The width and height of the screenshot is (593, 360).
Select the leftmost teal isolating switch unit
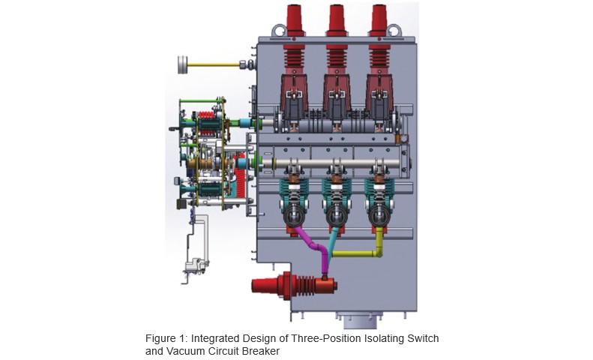tap(293, 193)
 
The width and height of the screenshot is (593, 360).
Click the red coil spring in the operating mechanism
tap(242, 180)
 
